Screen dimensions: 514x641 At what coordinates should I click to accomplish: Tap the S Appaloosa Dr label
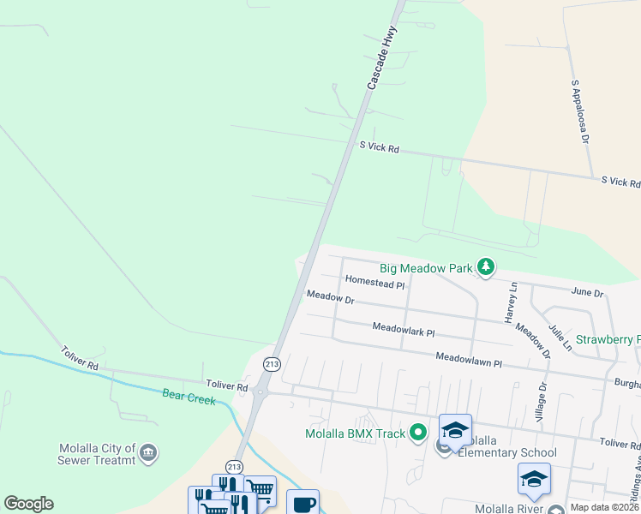tap(580, 112)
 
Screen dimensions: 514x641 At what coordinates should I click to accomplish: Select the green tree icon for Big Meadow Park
tap(486, 267)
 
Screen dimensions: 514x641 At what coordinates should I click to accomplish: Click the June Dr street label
tap(587, 292)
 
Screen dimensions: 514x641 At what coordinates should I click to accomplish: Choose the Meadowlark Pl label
tap(404, 329)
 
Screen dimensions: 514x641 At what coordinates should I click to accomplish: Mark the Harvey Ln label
tap(512, 302)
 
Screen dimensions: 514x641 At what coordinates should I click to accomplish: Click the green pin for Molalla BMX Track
tap(418, 433)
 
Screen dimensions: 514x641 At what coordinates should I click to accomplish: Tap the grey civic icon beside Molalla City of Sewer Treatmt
tap(148, 451)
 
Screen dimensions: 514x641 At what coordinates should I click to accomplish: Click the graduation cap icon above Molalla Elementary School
tap(455, 429)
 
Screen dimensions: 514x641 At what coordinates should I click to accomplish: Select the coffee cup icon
tap(303, 503)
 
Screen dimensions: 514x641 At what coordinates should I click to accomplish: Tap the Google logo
tap(28, 504)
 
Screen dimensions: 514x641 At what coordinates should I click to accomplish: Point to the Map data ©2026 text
tap(602, 507)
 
